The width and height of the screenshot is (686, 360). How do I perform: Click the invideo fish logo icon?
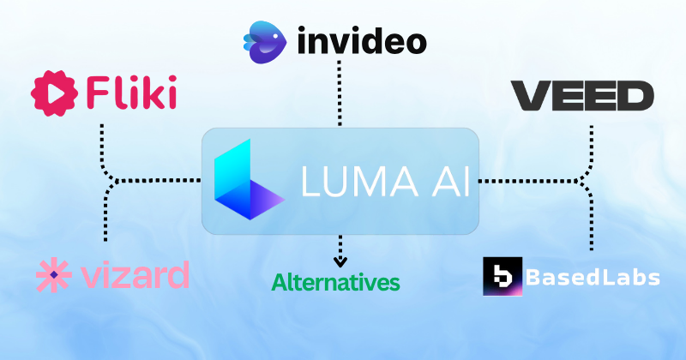click(x=266, y=41)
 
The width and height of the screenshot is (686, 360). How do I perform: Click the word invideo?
click(x=361, y=41)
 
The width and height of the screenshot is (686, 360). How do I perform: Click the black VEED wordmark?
click(x=582, y=96)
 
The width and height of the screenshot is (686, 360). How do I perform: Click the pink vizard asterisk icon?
click(x=52, y=275)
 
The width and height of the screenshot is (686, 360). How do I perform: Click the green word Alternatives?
click(x=336, y=281)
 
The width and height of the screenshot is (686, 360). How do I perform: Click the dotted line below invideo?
click(x=341, y=94)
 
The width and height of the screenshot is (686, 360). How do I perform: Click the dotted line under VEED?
click(x=591, y=141)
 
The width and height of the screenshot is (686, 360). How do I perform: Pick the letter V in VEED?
click(x=529, y=96)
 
